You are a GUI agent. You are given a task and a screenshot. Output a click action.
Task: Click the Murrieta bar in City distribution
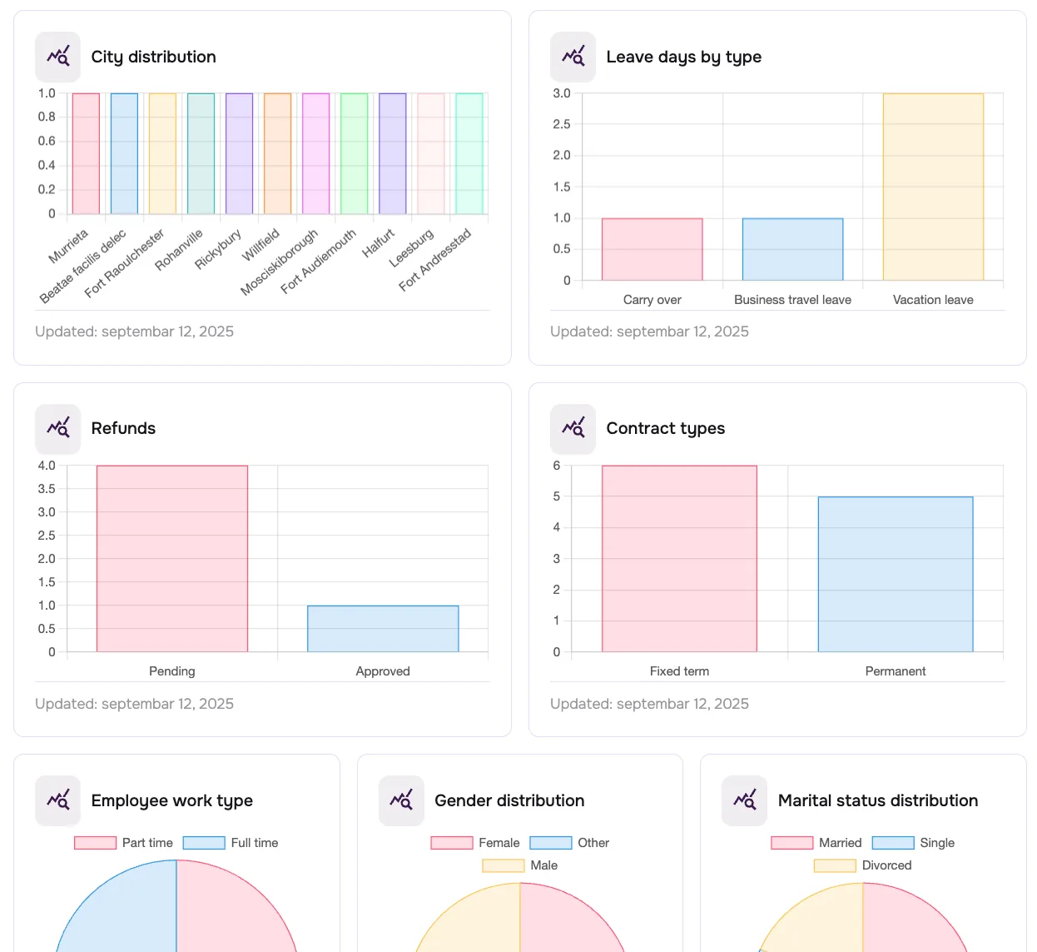[x=86, y=154]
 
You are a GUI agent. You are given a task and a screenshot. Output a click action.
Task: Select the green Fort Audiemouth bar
[x=354, y=154]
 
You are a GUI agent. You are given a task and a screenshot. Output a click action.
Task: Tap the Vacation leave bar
[x=933, y=187]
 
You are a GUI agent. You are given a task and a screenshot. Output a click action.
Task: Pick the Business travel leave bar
[x=792, y=249]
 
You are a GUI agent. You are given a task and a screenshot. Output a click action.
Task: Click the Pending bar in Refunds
[x=172, y=559]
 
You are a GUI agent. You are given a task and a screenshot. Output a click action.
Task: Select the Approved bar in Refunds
[x=383, y=629]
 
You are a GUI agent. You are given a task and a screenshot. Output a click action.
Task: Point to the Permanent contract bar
[x=896, y=575]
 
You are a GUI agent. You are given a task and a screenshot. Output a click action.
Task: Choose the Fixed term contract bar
[x=679, y=559]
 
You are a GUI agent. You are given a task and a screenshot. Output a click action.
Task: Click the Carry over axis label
[x=652, y=300]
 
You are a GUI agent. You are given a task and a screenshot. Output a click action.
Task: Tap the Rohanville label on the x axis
[x=180, y=249]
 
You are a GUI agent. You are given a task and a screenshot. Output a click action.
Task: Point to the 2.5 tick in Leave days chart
[x=562, y=124]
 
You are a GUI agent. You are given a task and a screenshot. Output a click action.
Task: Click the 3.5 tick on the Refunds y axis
[x=47, y=489]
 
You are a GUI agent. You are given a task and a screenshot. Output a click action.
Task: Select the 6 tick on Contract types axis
[x=557, y=466]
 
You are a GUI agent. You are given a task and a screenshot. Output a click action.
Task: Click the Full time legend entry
[x=231, y=843]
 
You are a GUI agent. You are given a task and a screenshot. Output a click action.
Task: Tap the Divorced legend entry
[x=863, y=865]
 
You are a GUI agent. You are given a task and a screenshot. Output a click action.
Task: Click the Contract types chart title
[x=665, y=428]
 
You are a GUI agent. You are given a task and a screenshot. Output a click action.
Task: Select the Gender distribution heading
[x=509, y=800]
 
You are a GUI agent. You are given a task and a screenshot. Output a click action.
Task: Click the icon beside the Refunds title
[x=58, y=428]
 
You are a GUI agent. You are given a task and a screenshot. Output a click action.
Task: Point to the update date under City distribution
[x=134, y=331]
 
